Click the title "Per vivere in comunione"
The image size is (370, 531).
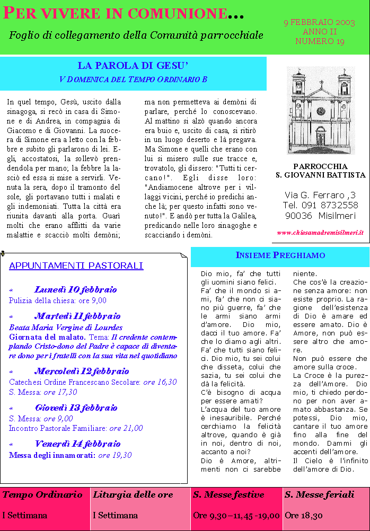[x=122, y=13]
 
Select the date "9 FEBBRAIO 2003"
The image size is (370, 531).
[x=319, y=23]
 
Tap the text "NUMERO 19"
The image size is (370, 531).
[x=320, y=41]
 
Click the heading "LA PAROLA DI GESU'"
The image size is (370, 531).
[x=133, y=66]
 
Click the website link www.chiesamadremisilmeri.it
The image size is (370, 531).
[x=320, y=232]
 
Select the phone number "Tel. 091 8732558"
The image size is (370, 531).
[x=320, y=205]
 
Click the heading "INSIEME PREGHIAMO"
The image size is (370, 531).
[x=280, y=255]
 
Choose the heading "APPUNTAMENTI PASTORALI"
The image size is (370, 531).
[x=76, y=265]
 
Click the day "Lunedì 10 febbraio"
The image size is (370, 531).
[x=75, y=289]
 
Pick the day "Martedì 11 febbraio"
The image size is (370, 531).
[x=77, y=316]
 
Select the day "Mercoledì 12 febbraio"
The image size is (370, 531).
[x=82, y=371]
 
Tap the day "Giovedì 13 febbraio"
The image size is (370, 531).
[x=76, y=408]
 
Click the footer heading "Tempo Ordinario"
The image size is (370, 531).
[x=42, y=494]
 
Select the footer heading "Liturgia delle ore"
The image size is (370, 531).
[x=133, y=494]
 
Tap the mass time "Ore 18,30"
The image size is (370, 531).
[x=303, y=515]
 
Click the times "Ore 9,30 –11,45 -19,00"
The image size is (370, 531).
[x=236, y=515]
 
